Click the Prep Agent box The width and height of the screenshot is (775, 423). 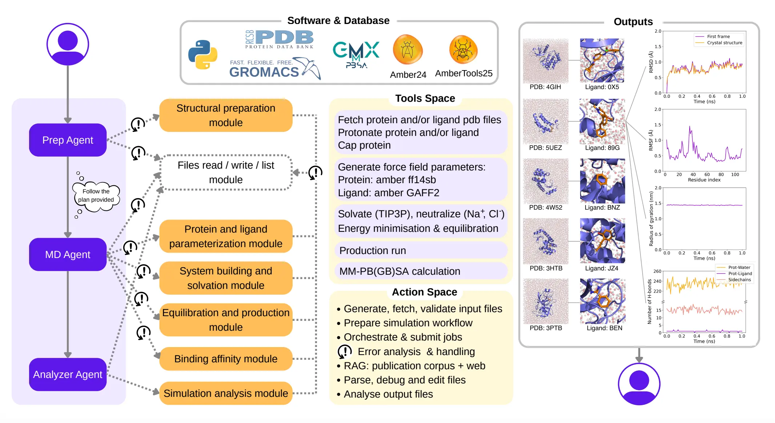(x=68, y=140)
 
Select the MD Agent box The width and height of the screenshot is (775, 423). (x=68, y=254)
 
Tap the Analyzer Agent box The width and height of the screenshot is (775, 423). (x=68, y=374)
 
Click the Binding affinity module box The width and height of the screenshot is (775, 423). (x=226, y=359)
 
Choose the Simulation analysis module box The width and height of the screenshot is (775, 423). (x=226, y=393)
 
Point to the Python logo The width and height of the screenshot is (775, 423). (x=202, y=55)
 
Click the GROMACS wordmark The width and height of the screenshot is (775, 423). (x=264, y=72)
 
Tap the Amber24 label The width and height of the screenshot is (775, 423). (x=408, y=75)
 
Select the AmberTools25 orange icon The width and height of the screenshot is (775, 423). (x=463, y=50)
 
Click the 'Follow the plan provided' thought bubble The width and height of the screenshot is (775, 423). (x=96, y=196)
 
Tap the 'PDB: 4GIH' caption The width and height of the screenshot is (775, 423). (x=545, y=87)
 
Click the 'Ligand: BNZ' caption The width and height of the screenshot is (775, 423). (x=602, y=208)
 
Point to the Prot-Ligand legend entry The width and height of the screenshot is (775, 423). (x=740, y=274)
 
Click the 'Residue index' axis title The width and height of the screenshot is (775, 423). (x=704, y=180)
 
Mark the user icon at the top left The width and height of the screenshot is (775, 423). (x=68, y=44)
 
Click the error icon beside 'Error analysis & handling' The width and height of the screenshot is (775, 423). (x=344, y=351)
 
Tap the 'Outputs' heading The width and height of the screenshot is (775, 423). (x=633, y=22)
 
